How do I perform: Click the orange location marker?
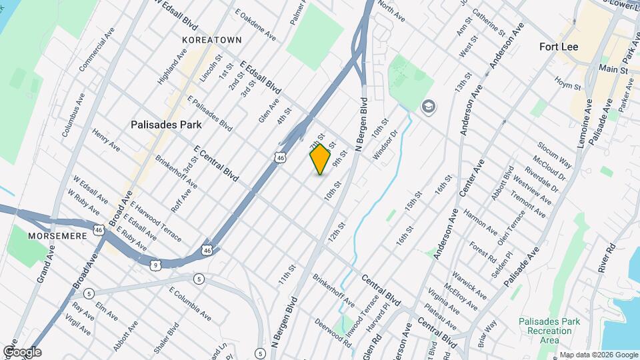click(320, 159)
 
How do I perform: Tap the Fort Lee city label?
click(558, 47)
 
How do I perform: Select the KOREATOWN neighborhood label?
click(211, 40)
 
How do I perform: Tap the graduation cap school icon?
click(428, 106)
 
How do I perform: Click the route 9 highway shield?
click(155, 265)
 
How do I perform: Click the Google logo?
click(22, 352)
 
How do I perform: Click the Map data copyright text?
click(597, 355)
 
